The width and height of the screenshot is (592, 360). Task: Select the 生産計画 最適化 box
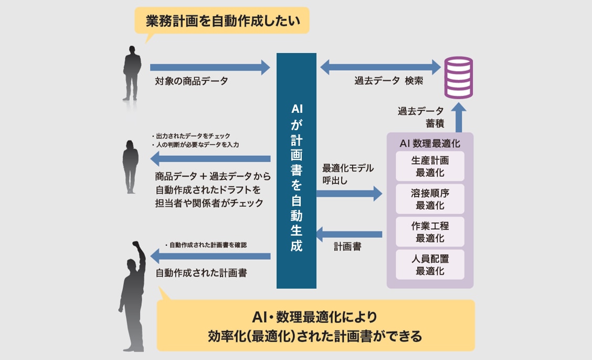coord(430,166)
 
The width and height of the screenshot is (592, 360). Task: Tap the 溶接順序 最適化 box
coord(430,199)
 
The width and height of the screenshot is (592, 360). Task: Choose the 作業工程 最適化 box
coord(430,232)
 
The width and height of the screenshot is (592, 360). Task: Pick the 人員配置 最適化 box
coord(430,264)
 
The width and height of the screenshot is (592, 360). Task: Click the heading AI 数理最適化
coord(430,143)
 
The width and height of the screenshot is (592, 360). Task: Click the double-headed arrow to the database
coord(380,67)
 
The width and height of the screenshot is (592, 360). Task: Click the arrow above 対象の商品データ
coord(209,67)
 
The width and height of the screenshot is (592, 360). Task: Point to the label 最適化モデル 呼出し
coord(348,174)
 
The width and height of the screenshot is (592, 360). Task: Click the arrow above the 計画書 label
coord(349,232)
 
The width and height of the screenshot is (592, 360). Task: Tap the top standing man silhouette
coord(132,73)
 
